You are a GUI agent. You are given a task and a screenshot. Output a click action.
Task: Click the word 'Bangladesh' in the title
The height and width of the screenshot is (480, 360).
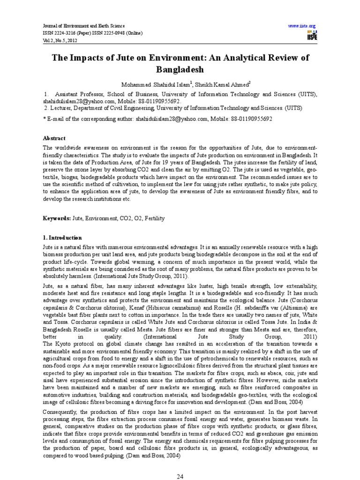point(180,69)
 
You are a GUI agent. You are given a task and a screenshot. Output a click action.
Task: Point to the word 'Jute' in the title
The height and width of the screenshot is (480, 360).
point(122,57)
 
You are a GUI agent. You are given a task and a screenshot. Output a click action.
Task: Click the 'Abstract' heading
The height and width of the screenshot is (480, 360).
point(54,138)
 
